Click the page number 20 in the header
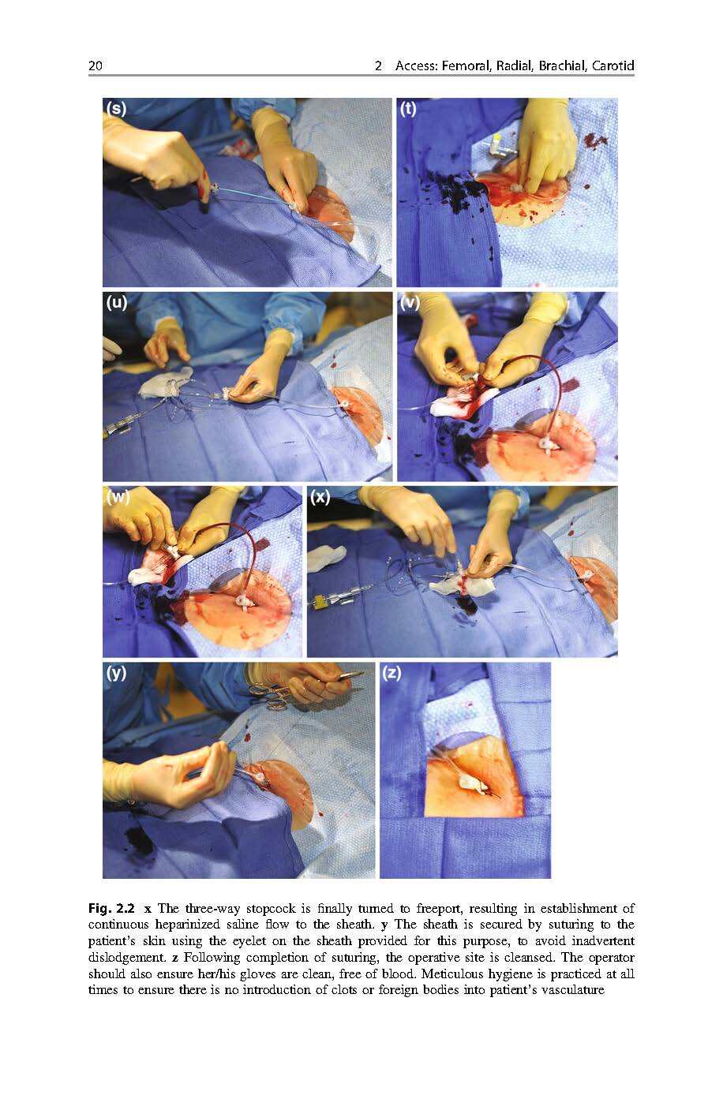click(x=96, y=65)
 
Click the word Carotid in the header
click(x=613, y=65)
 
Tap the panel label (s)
click(x=117, y=109)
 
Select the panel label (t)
click(x=408, y=109)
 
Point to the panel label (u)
click(x=117, y=303)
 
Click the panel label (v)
click(x=410, y=303)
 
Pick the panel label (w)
click(x=118, y=497)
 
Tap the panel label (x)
click(x=320, y=497)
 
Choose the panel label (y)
click(x=117, y=674)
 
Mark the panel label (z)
click(x=391, y=674)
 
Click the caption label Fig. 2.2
click(x=111, y=909)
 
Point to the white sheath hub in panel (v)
click(x=545, y=446)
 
